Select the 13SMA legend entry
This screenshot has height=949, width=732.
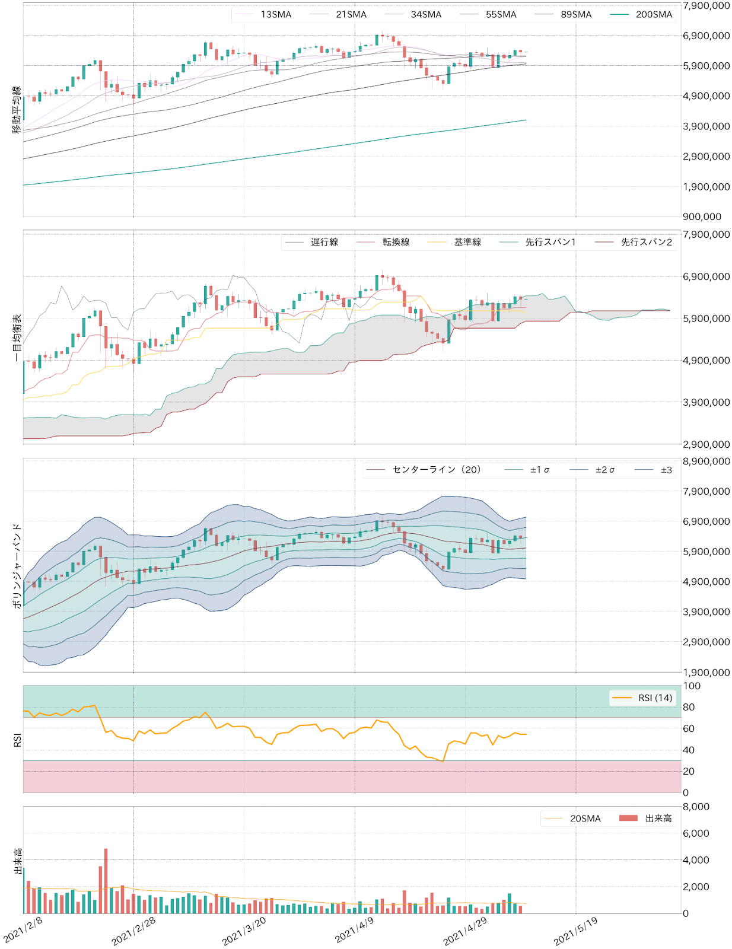276,15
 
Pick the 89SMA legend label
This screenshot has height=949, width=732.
576,15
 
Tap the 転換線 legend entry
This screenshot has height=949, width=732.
396,242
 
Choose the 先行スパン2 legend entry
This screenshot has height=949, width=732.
646,242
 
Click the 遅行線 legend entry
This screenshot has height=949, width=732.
324,242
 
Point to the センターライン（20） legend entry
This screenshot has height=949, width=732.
437,470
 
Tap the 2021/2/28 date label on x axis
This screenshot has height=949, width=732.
134,931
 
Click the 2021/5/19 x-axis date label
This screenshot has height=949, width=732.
576,931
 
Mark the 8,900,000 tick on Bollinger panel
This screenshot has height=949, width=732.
706,461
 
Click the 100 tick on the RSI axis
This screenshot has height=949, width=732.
692,686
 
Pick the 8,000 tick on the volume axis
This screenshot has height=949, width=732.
696,807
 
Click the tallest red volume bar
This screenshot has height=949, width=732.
106,881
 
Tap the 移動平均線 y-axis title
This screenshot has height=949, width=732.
17,110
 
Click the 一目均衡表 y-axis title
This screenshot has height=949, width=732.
17,338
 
